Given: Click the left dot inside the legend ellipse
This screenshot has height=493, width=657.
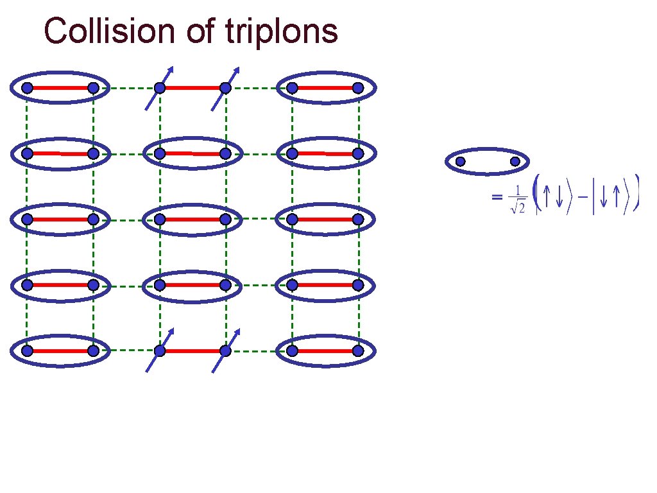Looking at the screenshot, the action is point(460,162).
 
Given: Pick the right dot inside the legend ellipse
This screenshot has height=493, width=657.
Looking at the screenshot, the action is point(515,162).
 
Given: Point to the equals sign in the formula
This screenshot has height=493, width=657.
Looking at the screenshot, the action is point(496,198).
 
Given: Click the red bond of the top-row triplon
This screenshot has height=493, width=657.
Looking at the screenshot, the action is point(192,88).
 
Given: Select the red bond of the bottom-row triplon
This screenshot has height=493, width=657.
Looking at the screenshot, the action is point(192,351).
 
